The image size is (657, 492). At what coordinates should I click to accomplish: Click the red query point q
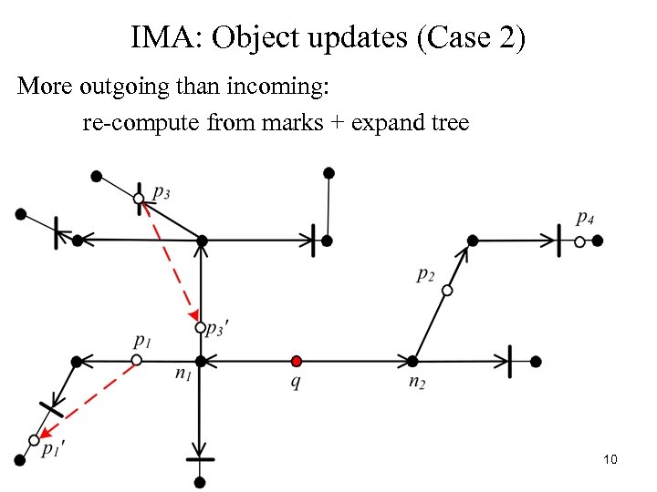[x=296, y=361]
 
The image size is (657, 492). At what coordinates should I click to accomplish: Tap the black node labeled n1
[x=201, y=361]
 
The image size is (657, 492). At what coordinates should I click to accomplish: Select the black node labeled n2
[x=412, y=361]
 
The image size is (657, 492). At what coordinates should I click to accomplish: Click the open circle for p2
[x=447, y=291]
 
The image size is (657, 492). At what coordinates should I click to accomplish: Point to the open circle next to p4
[x=579, y=241]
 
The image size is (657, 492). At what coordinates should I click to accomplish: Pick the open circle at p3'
[x=201, y=327]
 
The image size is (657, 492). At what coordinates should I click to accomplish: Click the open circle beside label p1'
[x=34, y=440]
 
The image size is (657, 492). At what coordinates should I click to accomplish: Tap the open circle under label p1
[x=136, y=361]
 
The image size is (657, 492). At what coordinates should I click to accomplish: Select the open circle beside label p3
[x=139, y=198]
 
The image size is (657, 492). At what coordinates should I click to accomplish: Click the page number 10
[x=610, y=459]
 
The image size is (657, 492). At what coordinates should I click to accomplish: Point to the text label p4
[x=586, y=219]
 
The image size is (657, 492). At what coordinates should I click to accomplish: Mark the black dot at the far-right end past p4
[x=598, y=241]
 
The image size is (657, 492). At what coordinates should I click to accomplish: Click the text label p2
[x=425, y=274]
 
